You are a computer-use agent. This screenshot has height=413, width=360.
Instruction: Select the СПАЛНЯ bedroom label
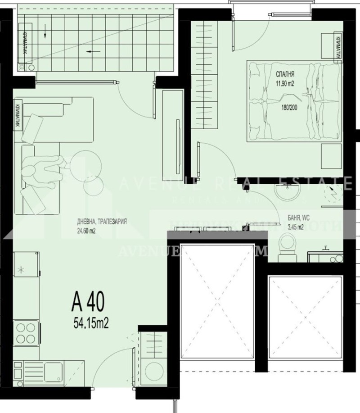(x=285, y=73)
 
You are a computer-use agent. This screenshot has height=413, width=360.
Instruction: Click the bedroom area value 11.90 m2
(x=285, y=82)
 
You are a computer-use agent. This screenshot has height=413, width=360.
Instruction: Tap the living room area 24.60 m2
(x=86, y=232)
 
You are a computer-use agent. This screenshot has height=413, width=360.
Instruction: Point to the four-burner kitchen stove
(x=26, y=333)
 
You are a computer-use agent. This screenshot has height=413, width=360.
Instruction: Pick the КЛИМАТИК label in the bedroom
(x=337, y=48)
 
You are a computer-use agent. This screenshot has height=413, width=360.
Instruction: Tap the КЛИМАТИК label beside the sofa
(x=17, y=117)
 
